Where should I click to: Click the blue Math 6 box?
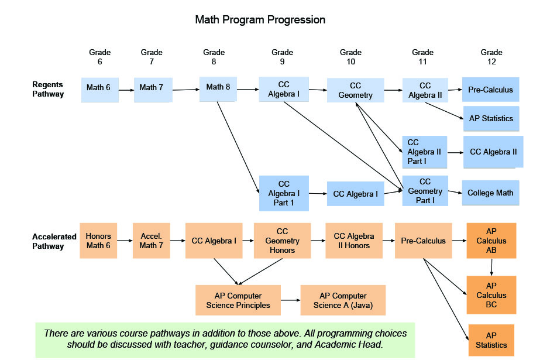coord(100,90)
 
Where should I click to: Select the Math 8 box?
coord(218,89)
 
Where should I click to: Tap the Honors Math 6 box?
coord(98,241)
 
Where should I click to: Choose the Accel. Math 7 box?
coord(152,241)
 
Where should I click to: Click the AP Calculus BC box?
coord(491,295)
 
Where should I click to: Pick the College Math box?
coord(490,193)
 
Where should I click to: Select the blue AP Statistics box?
coord(491,119)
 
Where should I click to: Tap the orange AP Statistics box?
coord(491,340)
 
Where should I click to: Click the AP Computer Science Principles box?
coord(238,300)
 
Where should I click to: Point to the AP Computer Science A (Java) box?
coord(343,300)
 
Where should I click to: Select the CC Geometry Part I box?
coord(425,191)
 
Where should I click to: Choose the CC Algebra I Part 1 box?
coord(284,193)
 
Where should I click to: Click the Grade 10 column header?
coord(350,57)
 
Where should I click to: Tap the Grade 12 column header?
coord(491,57)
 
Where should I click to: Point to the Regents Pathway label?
coord(48,89)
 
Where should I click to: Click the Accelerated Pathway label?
coord(54,241)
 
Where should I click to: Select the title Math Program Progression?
coord(260,19)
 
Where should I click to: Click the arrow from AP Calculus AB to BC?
coord(491,268)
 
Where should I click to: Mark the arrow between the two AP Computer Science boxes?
coord(291,300)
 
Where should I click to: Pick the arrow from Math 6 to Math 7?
coord(126,90)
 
